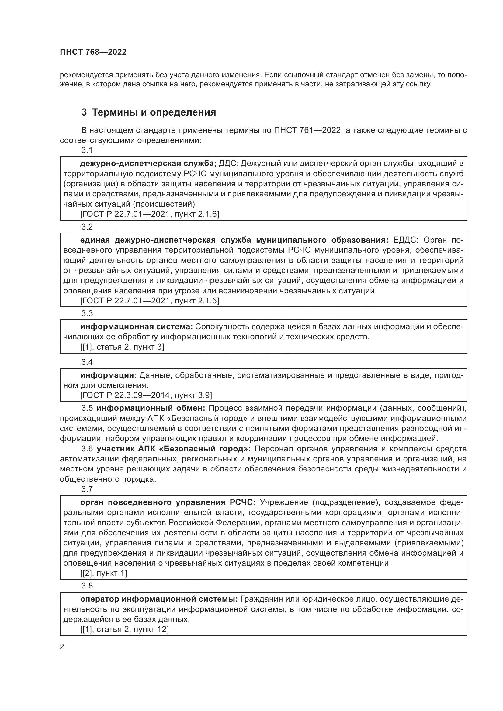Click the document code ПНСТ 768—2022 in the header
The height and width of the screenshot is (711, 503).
(x=93, y=52)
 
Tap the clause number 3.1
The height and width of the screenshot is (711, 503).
(x=87, y=150)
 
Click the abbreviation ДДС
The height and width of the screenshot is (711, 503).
(x=228, y=163)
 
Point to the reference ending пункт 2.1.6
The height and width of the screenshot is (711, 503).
(x=149, y=214)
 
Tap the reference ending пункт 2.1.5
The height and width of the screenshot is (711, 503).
(x=149, y=301)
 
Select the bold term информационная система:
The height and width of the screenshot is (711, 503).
(x=137, y=327)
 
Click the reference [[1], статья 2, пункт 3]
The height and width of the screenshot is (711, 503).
(x=122, y=347)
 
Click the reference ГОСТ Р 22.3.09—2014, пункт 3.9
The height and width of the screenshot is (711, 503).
(x=146, y=395)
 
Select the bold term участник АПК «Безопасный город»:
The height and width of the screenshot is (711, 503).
(x=175, y=449)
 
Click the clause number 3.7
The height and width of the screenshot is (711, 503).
(x=87, y=489)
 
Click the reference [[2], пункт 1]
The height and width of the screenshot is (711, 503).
(x=103, y=573)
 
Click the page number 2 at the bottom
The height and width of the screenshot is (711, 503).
(x=62, y=647)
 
